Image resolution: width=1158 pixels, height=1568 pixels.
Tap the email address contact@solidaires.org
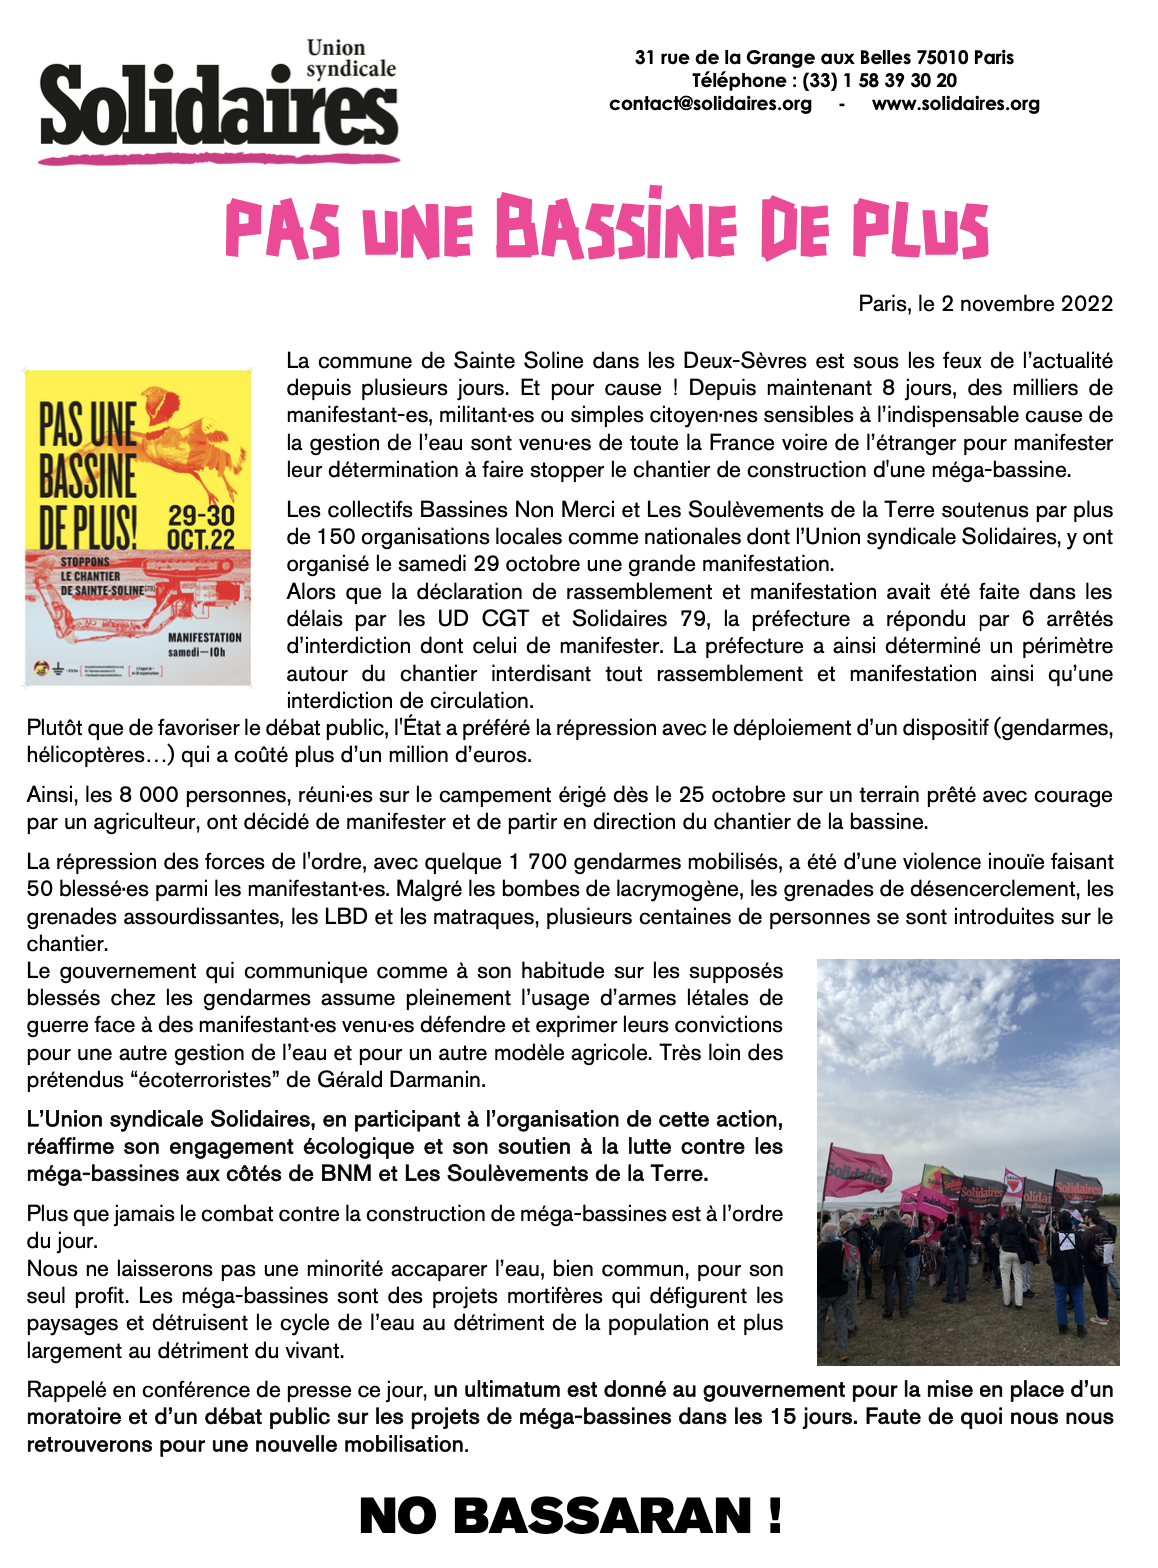point(710,104)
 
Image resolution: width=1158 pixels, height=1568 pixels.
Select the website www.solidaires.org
point(955,104)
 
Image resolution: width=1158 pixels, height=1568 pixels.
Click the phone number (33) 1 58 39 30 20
point(879,81)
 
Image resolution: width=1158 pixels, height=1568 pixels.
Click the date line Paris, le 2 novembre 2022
point(985,304)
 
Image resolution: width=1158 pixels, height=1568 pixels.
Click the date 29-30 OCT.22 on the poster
point(201,527)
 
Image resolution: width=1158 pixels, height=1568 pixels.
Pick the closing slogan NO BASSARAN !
point(570,1516)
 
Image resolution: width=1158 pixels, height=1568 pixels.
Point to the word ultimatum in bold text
point(512,1390)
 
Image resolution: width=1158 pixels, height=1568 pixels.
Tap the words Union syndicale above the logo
point(350,58)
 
